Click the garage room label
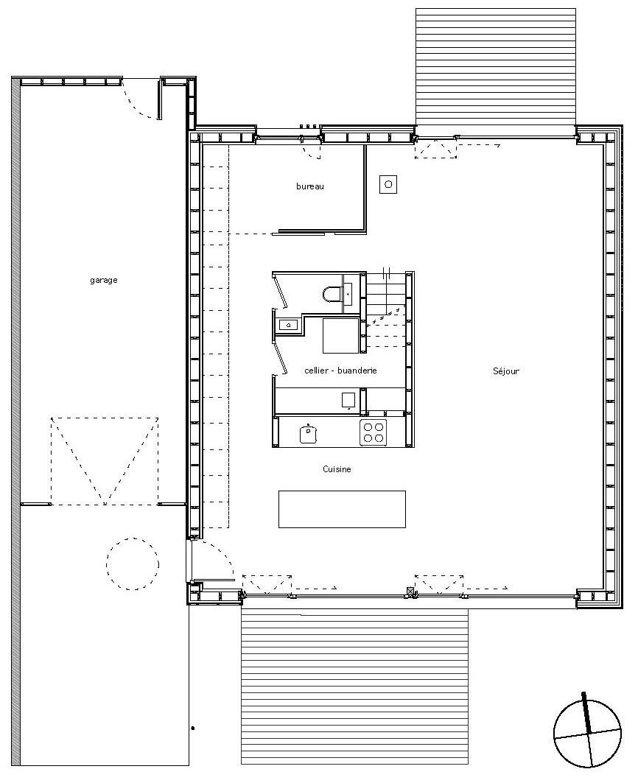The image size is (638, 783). pos(104,280)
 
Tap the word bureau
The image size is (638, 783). pos(310,186)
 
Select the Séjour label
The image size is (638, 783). pos(506,371)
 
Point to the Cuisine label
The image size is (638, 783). pos(337,469)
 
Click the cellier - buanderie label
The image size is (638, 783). pos(340,371)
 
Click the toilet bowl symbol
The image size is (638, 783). pos(332,293)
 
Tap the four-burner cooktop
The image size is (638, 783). pos(374,432)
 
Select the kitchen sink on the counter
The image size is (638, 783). pos(308,433)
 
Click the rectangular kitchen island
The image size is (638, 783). pos(343,509)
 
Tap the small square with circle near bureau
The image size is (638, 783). pos(388,185)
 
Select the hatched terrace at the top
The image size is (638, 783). pos(496,66)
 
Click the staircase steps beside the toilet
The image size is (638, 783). pos(386,309)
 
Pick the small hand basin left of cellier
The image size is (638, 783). pos(288,325)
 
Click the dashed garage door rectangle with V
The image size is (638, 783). pos(105,461)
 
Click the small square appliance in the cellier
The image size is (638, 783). pos(348,401)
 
